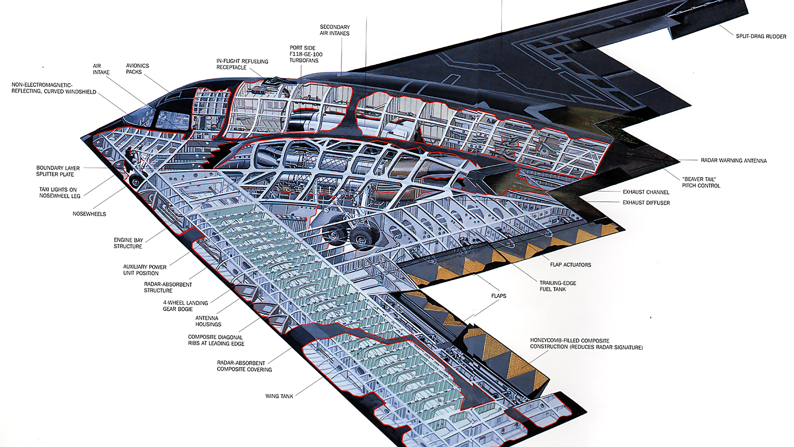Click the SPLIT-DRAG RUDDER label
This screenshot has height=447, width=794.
click(761, 37)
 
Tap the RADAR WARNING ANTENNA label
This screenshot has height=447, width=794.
click(734, 160)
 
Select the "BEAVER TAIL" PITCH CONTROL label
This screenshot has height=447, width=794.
click(701, 183)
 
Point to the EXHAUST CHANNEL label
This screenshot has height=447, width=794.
click(646, 192)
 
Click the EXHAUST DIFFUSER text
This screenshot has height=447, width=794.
click(646, 203)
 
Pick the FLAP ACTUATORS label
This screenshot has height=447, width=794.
click(570, 265)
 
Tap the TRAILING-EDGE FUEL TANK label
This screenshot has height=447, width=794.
click(558, 286)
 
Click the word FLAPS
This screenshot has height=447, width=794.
click(498, 296)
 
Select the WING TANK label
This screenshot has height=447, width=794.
click(279, 396)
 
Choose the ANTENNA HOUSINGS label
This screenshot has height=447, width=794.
click(208, 321)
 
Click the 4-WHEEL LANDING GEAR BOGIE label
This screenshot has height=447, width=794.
click(185, 306)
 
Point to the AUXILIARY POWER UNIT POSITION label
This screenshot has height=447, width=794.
click(145, 270)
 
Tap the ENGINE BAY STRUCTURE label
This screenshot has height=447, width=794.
click(128, 243)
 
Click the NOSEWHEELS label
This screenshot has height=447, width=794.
click(89, 214)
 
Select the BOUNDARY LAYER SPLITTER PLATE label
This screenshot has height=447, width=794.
click(58, 171)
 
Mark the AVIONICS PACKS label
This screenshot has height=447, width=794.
click(137, 69)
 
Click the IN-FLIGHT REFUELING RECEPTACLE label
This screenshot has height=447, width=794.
click(242, 64)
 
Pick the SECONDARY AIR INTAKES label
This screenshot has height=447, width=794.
click(335, 30)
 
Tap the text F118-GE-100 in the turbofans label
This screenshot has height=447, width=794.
click(306, 54)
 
